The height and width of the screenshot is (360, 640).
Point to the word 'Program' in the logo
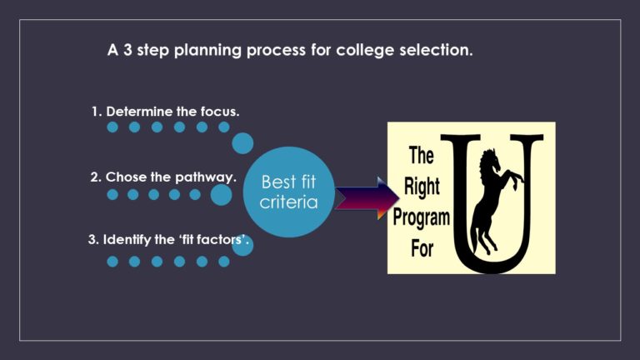pos(422,218)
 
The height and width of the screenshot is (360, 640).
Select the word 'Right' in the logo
pos(422,187)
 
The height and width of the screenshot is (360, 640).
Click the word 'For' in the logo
pos(422,249)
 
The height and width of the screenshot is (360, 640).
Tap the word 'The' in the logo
pos(422,155)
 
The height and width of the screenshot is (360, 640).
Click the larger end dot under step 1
pos(242,143)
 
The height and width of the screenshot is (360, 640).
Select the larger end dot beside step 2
pos(221,195)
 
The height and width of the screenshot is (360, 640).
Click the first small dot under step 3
pos(112,261)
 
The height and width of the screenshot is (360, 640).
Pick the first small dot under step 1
pos(112,127)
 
